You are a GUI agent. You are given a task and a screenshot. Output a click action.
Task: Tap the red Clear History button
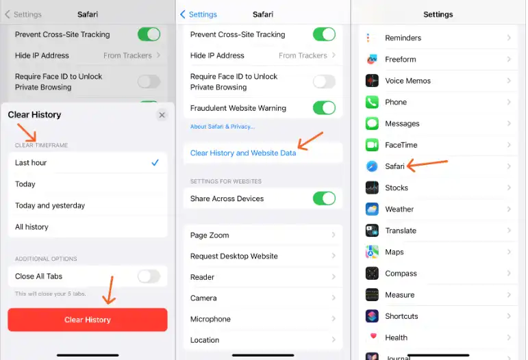point(88,320)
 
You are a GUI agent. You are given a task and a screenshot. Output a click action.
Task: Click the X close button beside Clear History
point(162,115)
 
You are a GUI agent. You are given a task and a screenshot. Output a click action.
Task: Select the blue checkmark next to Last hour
point(155,162)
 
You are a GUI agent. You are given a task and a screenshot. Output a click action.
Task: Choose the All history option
point(32,227)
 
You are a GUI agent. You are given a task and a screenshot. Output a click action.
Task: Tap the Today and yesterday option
point(50,205)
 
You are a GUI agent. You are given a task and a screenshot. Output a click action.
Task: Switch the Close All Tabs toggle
point(149,277)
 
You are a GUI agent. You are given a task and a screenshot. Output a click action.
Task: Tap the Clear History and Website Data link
point(243,153)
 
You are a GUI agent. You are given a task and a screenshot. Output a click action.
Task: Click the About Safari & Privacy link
point(223,127)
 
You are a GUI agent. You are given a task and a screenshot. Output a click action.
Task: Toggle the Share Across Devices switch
point(324,198)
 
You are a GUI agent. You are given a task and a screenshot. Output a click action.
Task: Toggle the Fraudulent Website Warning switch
point(324,108)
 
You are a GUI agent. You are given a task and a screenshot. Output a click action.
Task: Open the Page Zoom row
point(263,235)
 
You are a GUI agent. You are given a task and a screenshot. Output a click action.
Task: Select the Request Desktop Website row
point(263,256)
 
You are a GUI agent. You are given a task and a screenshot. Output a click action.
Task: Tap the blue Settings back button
point(199,14)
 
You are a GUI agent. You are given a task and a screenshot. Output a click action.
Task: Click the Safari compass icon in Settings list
point(372,166)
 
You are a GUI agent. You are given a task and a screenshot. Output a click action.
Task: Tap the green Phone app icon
point(372,102)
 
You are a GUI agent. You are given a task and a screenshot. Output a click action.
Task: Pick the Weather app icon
point(372,209)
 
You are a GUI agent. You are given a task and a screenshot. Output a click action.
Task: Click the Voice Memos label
point(407,81)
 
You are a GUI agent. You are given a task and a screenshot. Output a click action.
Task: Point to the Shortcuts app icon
point(372,316)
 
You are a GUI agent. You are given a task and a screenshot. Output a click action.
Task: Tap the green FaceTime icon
point(372,145)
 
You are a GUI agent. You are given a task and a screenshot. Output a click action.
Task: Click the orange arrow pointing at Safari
point(427,164)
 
